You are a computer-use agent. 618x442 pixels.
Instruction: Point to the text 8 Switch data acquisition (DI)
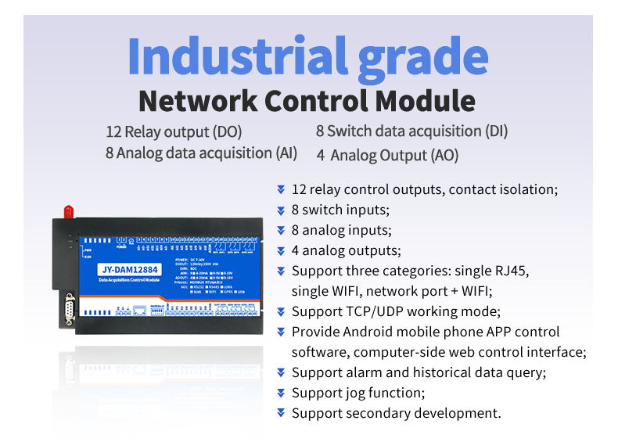click(x=411, y=131)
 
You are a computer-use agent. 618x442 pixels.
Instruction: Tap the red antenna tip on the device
click(x=68, y=210)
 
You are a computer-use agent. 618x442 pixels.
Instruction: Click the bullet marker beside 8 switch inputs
click(x=281, y=210)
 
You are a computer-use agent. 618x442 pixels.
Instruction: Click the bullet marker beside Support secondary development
click(x=281, y=413)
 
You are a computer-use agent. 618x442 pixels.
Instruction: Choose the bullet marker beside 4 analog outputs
click(x=281, y=250)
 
